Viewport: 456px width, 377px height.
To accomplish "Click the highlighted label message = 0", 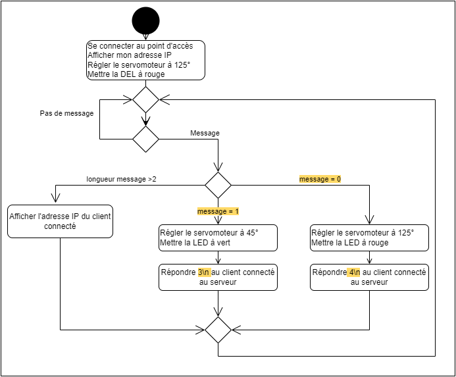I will tap(320, 179).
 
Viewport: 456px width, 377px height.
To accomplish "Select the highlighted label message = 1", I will tap(218, 211).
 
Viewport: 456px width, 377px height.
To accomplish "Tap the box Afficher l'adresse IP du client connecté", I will tap(60, 221).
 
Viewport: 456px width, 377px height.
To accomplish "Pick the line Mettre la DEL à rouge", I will tap(126, 74).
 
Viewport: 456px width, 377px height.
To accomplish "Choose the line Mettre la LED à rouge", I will tap(349, 243).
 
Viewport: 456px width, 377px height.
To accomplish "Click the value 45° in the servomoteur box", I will tap(251, 233).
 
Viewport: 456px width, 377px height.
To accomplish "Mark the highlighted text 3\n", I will tap(204, 272).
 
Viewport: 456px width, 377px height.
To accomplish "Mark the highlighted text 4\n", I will tap(355, 272).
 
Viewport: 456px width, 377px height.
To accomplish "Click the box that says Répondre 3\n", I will tap(218, 277).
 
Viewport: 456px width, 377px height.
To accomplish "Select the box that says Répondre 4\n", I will tap(369, 277).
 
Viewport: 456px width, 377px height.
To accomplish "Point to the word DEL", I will tap(129, 74).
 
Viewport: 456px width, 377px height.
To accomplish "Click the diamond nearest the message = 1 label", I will tap(218, 185).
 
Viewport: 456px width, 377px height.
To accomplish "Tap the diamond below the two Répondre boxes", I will tap(218, 330).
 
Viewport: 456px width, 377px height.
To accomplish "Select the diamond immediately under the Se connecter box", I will tap(145, 100).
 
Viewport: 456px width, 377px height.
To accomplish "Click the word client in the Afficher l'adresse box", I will tap(97, 216).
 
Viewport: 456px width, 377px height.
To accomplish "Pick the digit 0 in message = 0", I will tap(338, 179).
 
